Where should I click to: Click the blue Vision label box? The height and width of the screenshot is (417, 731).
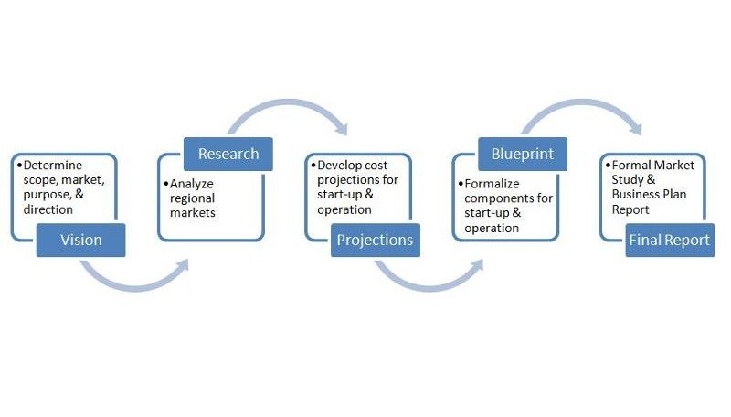[x=81, y=241]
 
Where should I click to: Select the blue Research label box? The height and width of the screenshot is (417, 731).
[x=228, y=154]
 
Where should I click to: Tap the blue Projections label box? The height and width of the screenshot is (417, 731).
[x=375, y=241]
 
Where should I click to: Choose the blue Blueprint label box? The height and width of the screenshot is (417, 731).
[x=522, y=154]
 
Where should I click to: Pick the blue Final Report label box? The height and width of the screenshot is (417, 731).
[x=669, y=241]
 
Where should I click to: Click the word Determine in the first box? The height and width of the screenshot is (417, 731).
[x=52, y=166]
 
